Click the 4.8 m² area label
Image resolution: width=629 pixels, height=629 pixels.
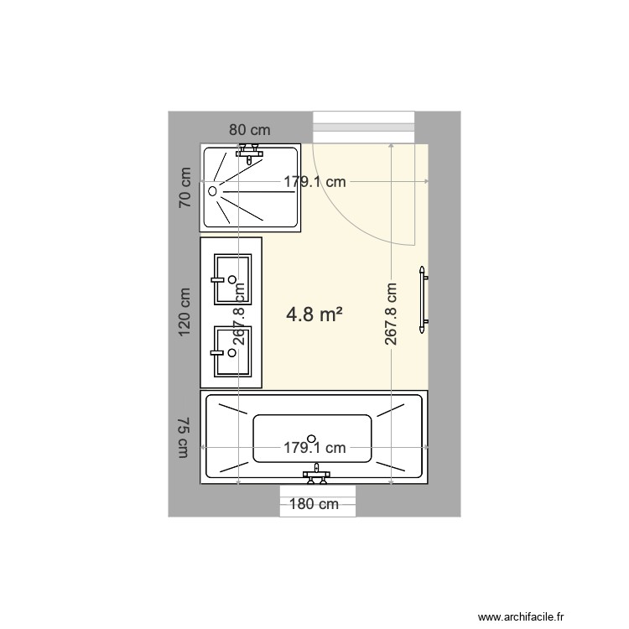tap(314, 314)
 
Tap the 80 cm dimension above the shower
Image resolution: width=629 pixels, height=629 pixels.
tap(250, 130)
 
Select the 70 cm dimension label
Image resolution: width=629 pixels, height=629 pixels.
tap(185, 188)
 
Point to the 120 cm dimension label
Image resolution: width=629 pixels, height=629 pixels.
tap(185, 312)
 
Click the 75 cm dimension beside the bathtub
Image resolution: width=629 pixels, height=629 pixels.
tap(185, 438)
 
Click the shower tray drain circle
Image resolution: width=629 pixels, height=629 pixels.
tap(212, 191)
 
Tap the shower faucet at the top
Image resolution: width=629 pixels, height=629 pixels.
tap(250, 151)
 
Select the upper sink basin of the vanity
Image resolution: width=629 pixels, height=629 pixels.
tap(231, 278)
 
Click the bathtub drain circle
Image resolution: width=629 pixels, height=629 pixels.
tap(312, 438)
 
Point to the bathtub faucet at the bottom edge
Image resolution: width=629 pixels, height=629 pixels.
tap(315, 475)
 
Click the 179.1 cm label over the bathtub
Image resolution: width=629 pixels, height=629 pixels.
tap(314, 448)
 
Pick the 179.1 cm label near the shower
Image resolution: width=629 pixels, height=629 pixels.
tap(314, 181)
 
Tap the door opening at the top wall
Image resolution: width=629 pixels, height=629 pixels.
tap(364, 127)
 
